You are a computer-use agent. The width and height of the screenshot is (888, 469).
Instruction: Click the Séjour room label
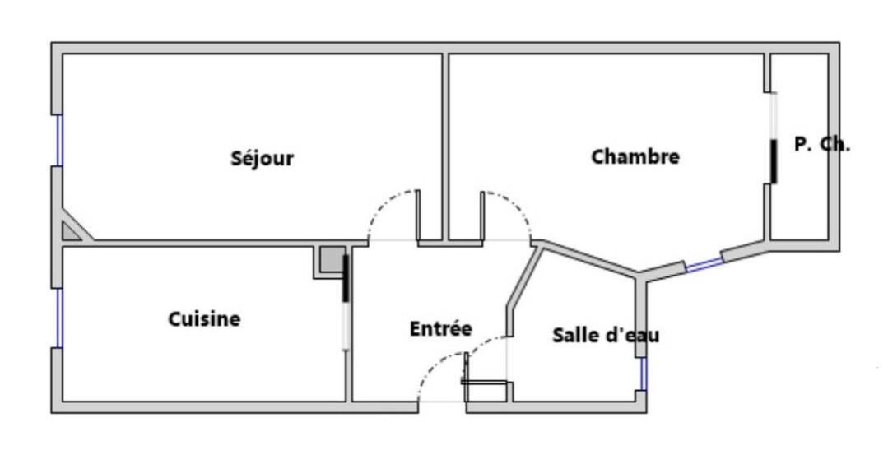point(262,158)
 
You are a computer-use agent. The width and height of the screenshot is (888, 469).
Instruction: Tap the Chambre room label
point(635,156)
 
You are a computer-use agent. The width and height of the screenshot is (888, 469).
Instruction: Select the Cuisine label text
point(204,318)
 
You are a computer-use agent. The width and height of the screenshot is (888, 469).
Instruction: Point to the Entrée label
point(441,328)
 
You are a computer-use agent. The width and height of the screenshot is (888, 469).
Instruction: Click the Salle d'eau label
point(606,335)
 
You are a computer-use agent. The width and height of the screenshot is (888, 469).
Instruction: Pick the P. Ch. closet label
point(822,144)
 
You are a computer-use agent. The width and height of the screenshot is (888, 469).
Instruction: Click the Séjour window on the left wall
point(58,140)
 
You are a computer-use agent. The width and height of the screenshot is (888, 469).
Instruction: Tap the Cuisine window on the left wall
point(58,317)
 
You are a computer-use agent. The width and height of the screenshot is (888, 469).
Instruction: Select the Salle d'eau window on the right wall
point(644,374)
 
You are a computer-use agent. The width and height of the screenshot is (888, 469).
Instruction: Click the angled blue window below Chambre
point(704,264)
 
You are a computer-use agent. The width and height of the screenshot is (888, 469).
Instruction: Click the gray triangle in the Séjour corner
point(72,231)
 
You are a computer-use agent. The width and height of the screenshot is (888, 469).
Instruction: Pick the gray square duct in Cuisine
point(331,260)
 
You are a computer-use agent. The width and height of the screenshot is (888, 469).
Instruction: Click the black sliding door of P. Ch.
point(774,161)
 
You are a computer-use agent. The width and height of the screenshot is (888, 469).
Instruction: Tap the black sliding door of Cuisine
point(346,279)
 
